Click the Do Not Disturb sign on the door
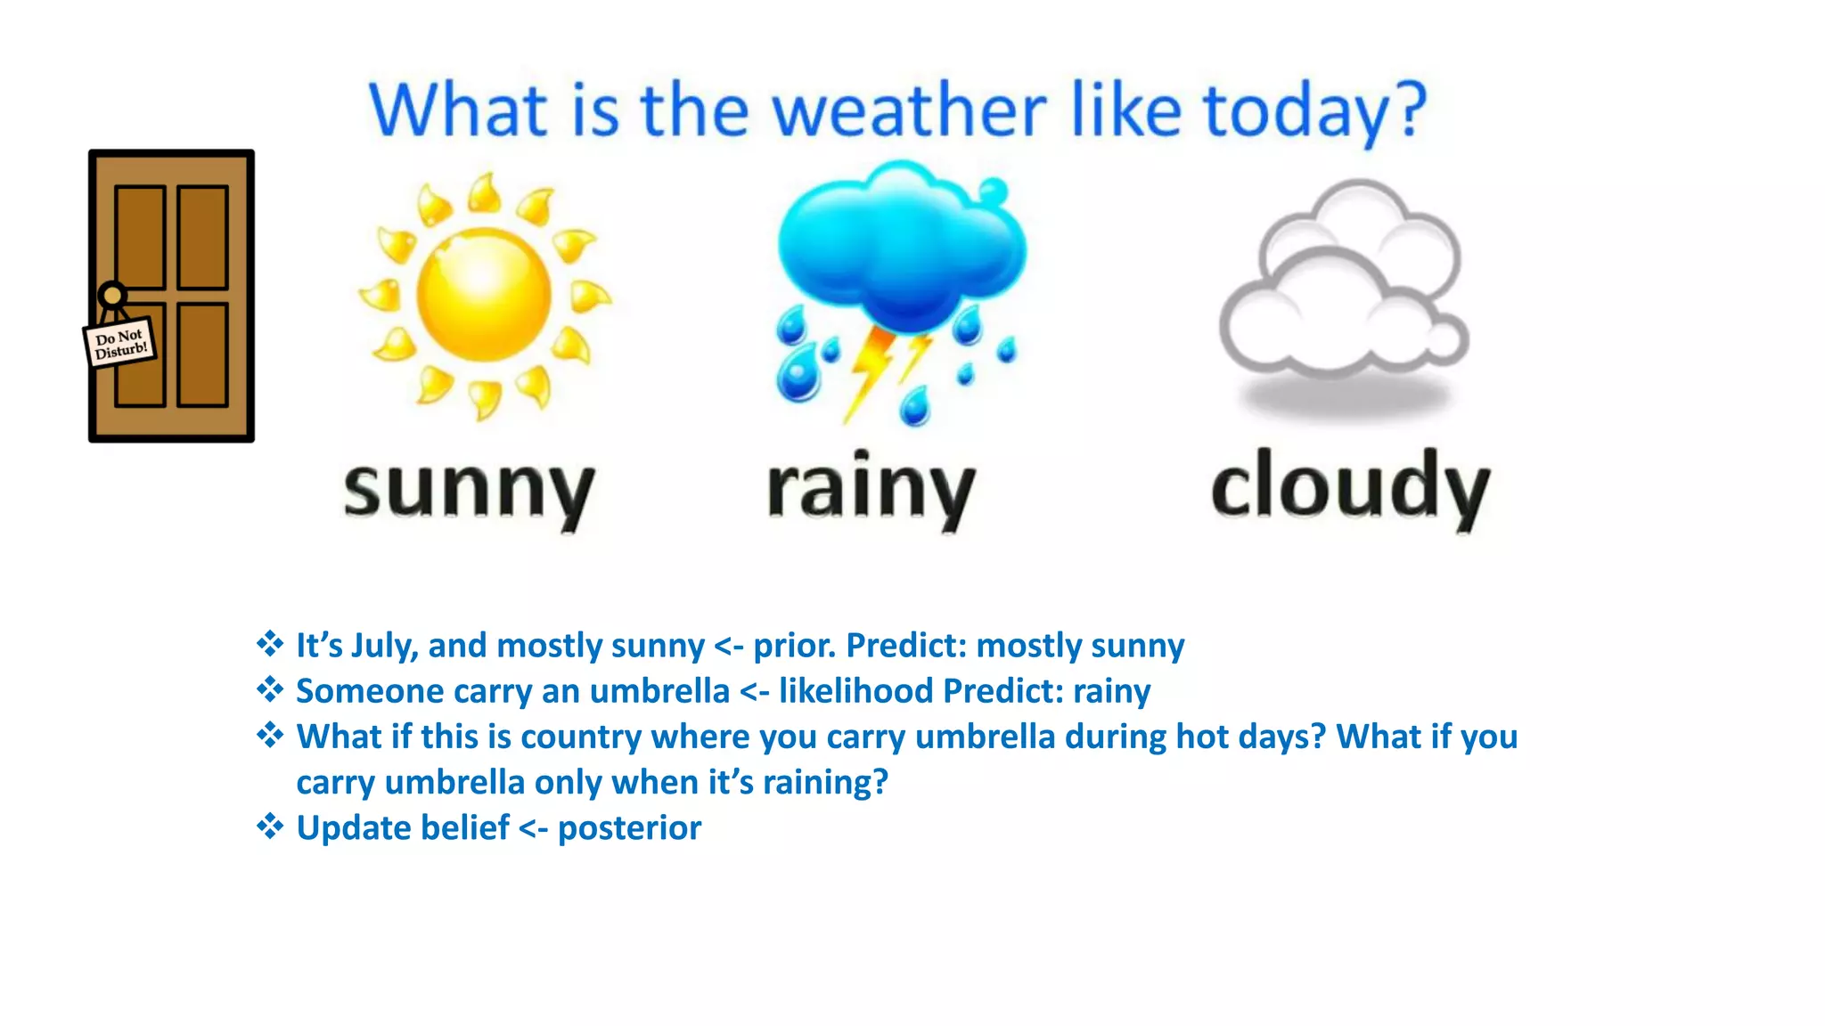click(x=120, y=343)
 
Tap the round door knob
click(x=112, y=294)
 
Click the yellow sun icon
click(x=485, y=295)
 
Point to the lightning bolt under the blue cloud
click(x=873, y=370)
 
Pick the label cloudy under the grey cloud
click(x=1350, y=488)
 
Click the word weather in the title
click(x=909, y=111)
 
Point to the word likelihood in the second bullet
click(x=855, y=691)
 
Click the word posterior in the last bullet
click(x=629, y=828)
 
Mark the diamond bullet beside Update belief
click(x=270, y=826)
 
